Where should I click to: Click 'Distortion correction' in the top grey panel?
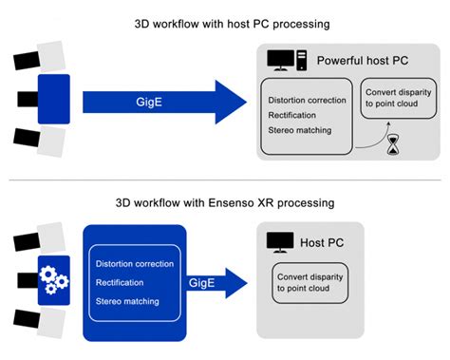311,100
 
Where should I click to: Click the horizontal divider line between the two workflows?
224,180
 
